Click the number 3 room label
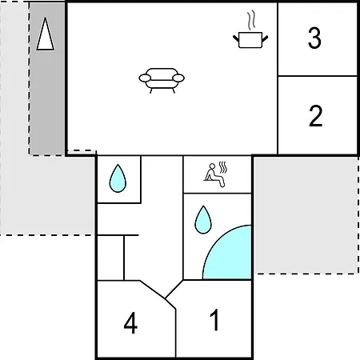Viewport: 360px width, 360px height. [x=314, y=38]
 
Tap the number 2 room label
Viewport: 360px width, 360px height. [x=315, y=116]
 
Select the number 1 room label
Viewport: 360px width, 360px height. [x=214, y=319]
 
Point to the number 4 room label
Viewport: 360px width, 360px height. [x=130, y=323]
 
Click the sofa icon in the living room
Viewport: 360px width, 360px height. [x=162, y=80]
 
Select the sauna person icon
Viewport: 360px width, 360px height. [x=216, y=175]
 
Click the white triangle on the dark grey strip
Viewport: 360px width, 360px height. [x=45, y=34]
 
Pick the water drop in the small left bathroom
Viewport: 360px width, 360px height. [x=118, y=178]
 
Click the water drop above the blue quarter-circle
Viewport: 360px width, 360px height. [x=203, y=220]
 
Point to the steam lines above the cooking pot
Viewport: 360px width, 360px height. [x=251, y=20]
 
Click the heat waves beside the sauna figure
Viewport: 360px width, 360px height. [x=223, y=167]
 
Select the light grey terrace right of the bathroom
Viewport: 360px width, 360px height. [x=306, y=215]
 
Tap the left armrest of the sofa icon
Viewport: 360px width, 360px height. [x=145, y=78]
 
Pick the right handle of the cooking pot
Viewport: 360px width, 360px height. [x=265, y=38]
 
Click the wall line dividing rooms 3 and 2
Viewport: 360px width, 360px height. [x=318, y=76]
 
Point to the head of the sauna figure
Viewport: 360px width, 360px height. [x=212, y=166]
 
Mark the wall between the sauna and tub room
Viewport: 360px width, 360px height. [x=218, y=193]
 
